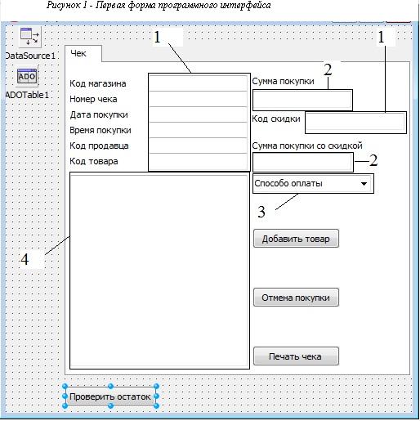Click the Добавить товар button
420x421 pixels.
pos(296,239)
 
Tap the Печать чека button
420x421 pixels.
pos(296,356)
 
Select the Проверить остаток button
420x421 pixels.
pos(110,396)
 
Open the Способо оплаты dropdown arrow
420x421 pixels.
pos(364,184)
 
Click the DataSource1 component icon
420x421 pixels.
pos(30,37)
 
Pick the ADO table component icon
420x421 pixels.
pos(27,76)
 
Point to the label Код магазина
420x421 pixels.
pos(98,83)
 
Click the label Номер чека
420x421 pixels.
pos(93,99)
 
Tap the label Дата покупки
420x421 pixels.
pos(99,114)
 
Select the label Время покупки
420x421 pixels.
pos(101,130)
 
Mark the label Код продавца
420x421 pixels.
pos(99,146)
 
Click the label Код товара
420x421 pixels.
pos(94,161)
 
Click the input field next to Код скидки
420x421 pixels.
pos(355,123)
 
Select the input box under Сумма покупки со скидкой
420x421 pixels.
pos(303,162)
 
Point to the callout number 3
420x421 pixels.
pos(261,212)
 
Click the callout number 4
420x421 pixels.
pos(25,259)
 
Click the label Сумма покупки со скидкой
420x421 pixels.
pos(307,146)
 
